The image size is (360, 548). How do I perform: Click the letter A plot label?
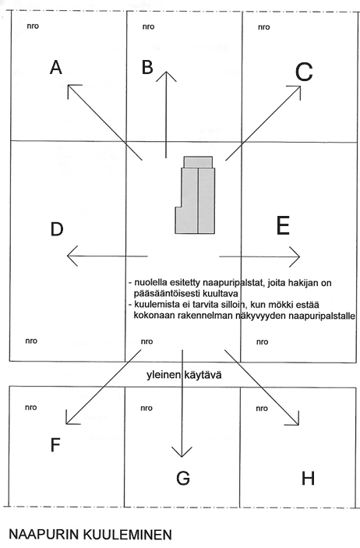56,67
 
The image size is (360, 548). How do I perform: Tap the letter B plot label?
147,67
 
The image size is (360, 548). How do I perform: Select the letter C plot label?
304,72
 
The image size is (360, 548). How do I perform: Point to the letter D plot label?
57,229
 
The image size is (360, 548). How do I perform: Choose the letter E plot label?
283,226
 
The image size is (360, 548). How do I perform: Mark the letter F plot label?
55,445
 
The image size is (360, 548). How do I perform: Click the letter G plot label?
183,478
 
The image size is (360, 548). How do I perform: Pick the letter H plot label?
308,478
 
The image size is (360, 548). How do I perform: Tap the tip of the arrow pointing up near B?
167,72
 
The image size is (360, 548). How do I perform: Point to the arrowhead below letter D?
67,256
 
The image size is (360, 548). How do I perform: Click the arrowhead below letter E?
300,257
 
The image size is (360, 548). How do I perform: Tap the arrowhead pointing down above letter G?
182,457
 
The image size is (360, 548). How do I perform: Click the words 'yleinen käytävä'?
184,375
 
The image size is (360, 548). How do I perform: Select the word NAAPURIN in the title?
44,535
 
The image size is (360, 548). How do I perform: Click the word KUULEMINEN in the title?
128,535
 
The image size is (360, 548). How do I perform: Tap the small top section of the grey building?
198,162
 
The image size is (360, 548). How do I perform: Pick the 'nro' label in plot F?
30,407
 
